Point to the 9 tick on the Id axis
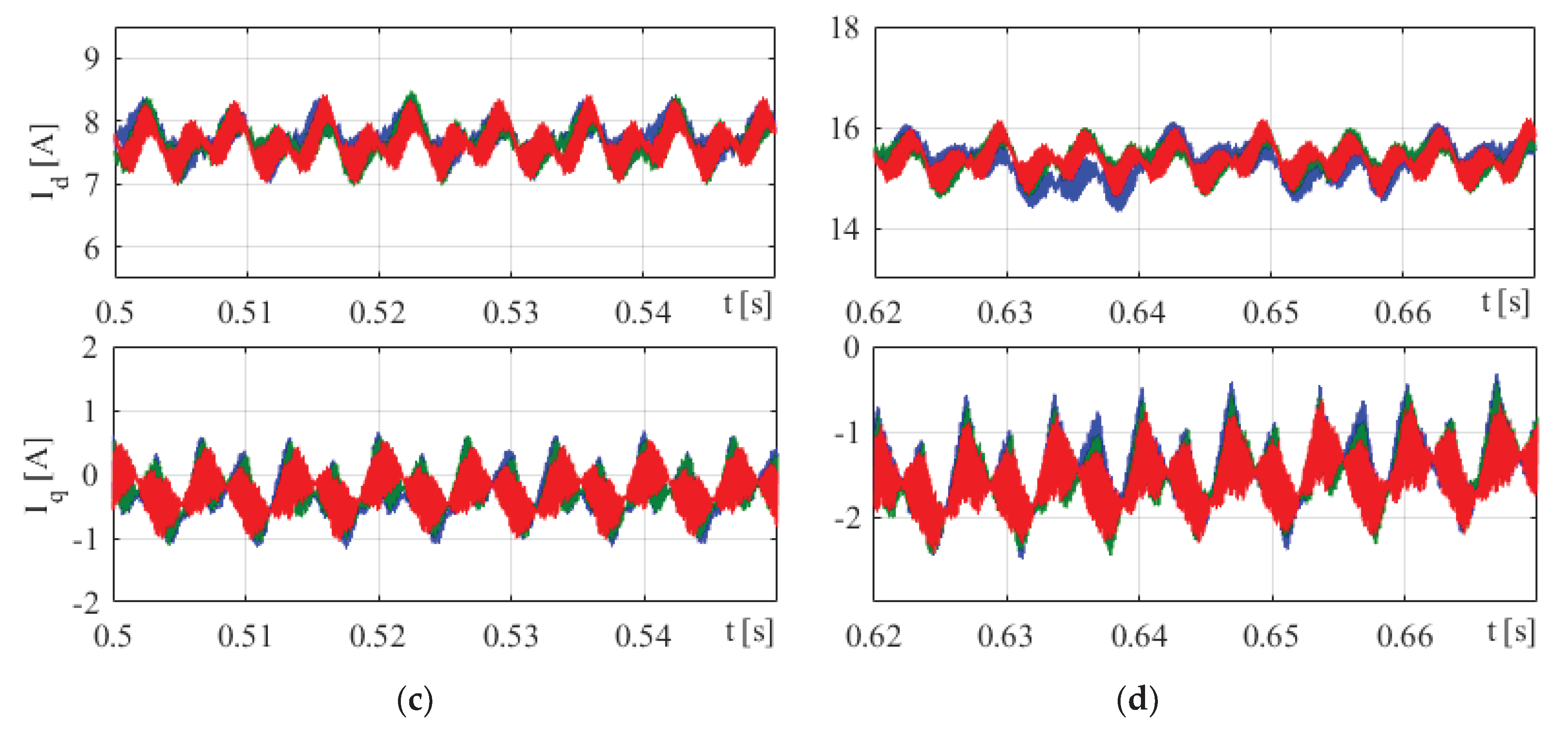92,58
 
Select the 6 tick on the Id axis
92,248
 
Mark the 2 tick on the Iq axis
90,348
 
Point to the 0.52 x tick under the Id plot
377,312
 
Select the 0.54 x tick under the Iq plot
643,636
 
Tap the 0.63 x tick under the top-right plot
1005,312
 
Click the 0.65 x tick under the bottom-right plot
1271,636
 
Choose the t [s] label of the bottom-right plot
1511,632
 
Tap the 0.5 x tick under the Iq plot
113,636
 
